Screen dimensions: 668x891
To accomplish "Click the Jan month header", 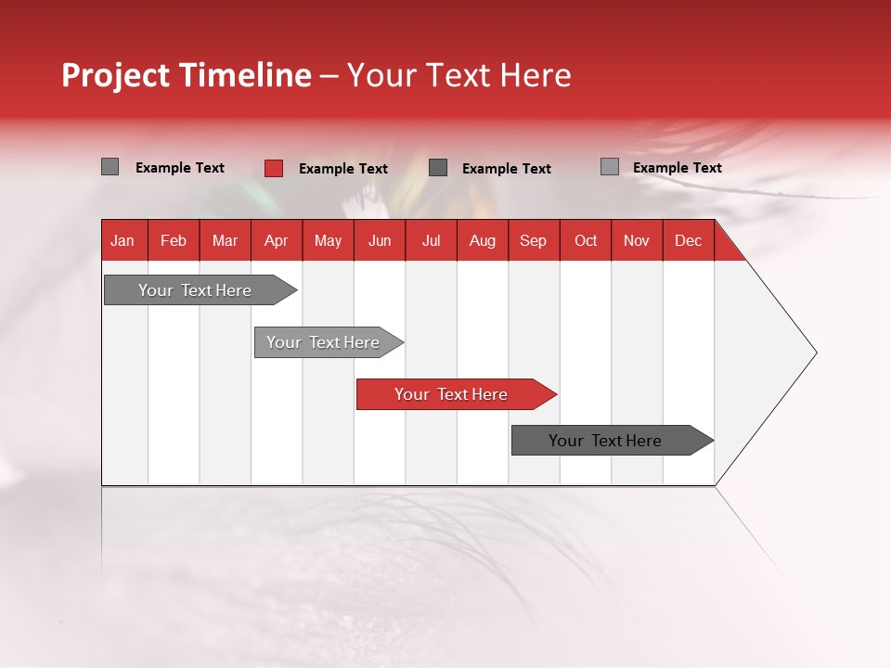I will point(123,240).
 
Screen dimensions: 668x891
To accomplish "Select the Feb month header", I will point(174,240).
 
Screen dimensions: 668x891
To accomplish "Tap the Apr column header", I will point(276,240).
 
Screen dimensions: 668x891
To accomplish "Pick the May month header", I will point(328,240).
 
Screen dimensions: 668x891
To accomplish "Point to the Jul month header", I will point(431,240).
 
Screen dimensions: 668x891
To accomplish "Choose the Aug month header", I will point(482,240).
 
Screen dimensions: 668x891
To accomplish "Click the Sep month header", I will point(533,240).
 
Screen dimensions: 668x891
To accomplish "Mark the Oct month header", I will point(586,240).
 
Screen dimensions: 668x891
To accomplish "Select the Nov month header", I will point(637,240).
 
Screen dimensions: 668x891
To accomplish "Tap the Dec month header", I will point(688,240).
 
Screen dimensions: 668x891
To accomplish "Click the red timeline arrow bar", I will point(455,394).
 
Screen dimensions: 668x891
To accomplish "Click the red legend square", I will point(273,168).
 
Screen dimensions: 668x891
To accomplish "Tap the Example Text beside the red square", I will point(343,169).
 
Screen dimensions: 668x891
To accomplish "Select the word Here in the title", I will point(536,75).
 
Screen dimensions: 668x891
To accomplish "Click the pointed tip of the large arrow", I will point(814,353).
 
